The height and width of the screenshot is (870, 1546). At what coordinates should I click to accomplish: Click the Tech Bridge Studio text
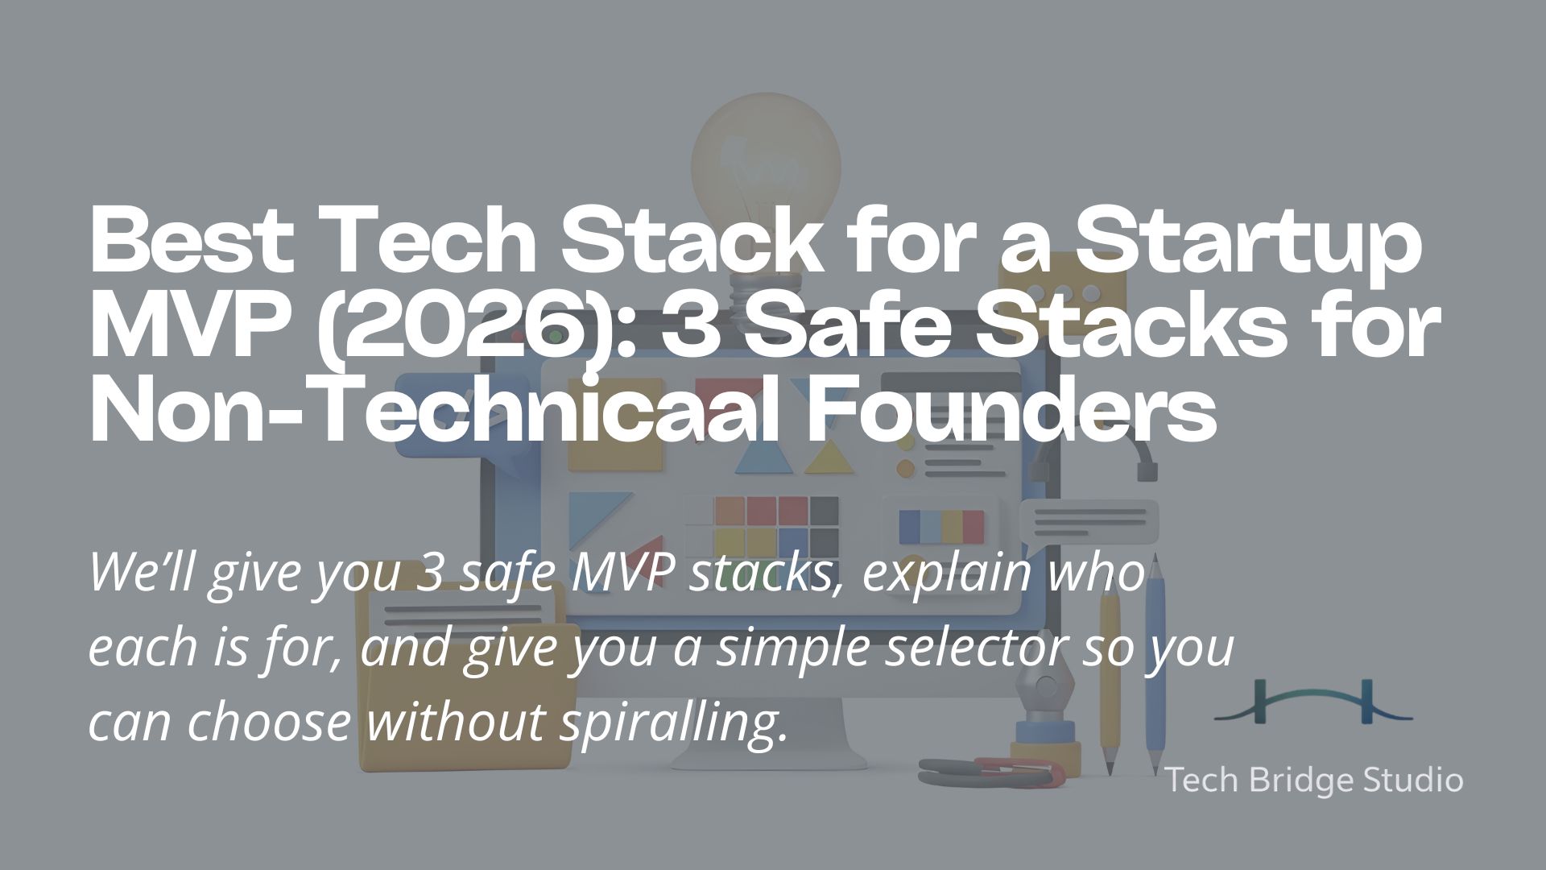1314,780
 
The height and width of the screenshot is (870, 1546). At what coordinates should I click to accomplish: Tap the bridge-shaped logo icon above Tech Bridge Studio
1313,702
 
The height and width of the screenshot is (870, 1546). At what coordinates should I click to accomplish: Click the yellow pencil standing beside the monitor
1110,685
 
